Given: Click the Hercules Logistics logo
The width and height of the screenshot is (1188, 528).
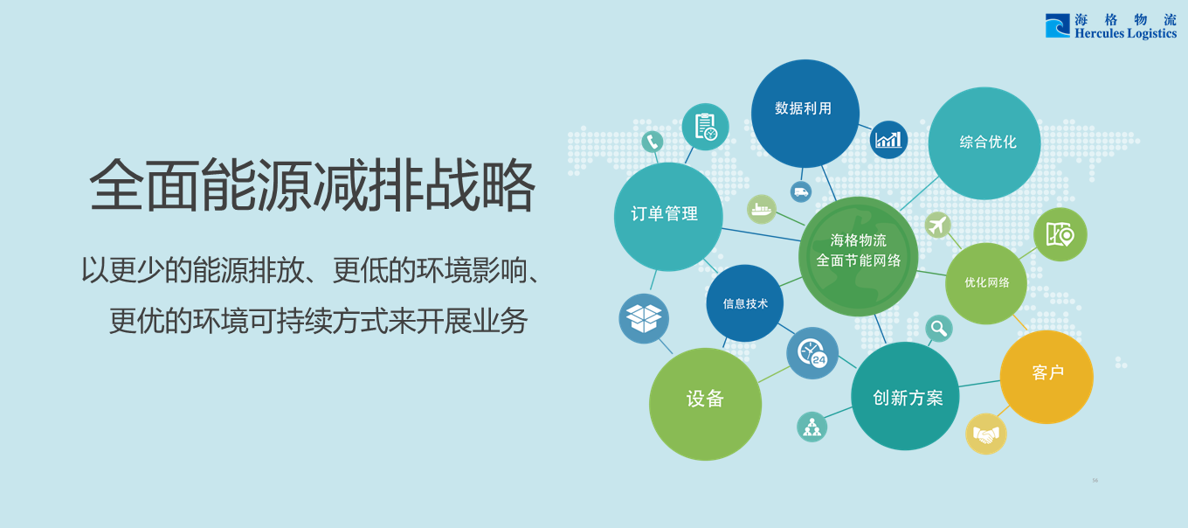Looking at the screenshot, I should (x=1110, y=26).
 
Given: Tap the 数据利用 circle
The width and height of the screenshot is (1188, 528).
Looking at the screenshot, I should (x=805, y=113).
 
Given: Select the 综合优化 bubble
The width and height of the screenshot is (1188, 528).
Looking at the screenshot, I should (x=984, y=143).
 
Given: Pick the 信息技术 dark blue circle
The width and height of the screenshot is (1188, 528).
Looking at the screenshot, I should (x=744, y=303).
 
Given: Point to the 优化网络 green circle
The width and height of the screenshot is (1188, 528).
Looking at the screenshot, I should (x=986, y=283).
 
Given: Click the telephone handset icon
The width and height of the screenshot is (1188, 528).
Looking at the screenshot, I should (x=653, y=141).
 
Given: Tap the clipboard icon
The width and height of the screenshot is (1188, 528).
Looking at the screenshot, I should (x=705, y=127).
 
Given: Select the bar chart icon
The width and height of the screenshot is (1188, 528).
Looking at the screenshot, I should (x=888, y=140).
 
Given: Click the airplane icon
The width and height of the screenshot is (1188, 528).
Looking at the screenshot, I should (x=937, y=225).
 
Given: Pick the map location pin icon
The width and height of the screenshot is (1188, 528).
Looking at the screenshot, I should (x=1060, y=234).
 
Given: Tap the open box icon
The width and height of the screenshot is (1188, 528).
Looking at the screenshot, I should (x=644, y=318).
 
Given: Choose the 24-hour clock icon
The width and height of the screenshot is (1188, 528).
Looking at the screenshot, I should (x=812, y=353).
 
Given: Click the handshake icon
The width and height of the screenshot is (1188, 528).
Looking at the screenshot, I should (x=986, y=434).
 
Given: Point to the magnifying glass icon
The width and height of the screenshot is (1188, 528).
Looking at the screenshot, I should (x=938, y=329).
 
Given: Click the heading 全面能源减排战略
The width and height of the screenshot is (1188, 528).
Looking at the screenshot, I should (x=311, y=185).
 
